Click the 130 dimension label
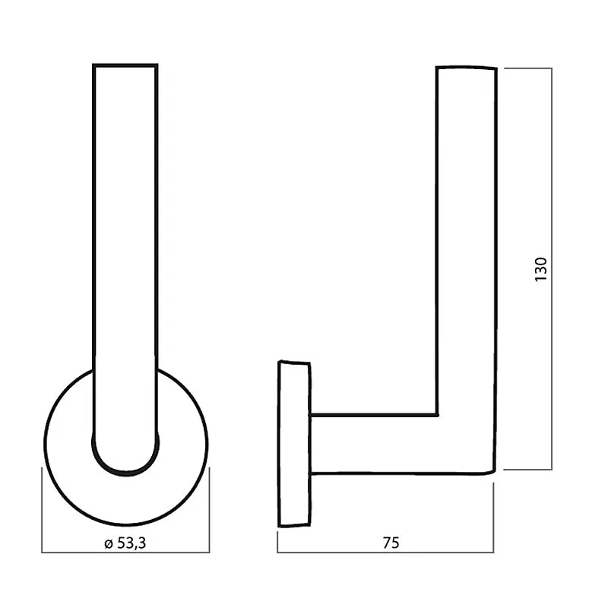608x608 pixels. point(540,269)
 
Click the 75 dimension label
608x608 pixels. point(391,543)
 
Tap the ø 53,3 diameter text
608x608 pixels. point(125,543)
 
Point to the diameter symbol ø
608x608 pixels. point(109,544)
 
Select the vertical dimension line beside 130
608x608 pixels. point(552,269)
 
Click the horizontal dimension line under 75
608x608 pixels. point(385,553)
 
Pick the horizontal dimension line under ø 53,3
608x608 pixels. point(125,553)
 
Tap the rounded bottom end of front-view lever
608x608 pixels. point(125,472)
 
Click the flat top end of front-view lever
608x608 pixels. point(125,65)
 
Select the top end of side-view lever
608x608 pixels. point(467,68)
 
